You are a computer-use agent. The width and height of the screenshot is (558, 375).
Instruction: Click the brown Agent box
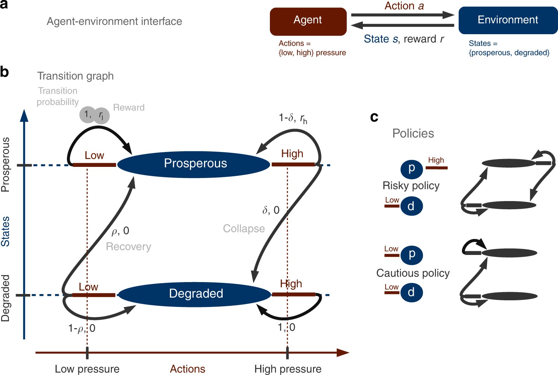point(308,21)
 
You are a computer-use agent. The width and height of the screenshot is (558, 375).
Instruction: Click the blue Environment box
point(508,20)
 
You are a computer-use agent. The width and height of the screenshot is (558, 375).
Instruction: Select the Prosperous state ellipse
point(194,164)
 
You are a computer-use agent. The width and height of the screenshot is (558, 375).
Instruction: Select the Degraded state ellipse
point(195,294)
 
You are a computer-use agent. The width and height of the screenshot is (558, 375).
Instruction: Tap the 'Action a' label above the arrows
point(404,6)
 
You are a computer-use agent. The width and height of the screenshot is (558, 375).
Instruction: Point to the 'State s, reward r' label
point(404,39)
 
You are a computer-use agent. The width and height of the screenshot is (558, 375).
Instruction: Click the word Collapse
point(244,229)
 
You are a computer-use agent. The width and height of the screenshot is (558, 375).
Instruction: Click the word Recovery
point(128,247)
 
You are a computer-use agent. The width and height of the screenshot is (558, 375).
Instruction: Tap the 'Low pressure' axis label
point(87,369)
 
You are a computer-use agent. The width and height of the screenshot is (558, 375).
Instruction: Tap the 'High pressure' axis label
point(288,369)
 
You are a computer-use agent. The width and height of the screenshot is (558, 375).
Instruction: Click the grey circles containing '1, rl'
point(94,115)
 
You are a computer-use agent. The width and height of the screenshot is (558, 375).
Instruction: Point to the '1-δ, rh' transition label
point(293,119)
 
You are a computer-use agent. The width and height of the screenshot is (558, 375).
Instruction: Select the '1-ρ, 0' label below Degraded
point(82,329)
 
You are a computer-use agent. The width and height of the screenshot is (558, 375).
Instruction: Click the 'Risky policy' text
point(411,185)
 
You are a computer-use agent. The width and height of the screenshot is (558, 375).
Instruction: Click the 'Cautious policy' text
point(413,273)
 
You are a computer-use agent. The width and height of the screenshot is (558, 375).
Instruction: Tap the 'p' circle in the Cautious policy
point(412,255)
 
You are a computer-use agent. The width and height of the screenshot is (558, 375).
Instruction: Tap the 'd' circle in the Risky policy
point(412,206)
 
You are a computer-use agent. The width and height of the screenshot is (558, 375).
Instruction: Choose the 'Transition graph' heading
point(75,76)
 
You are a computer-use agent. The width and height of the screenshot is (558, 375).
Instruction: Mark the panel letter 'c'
point(374,117)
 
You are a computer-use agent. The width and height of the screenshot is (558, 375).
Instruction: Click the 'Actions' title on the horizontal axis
point(187,369)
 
